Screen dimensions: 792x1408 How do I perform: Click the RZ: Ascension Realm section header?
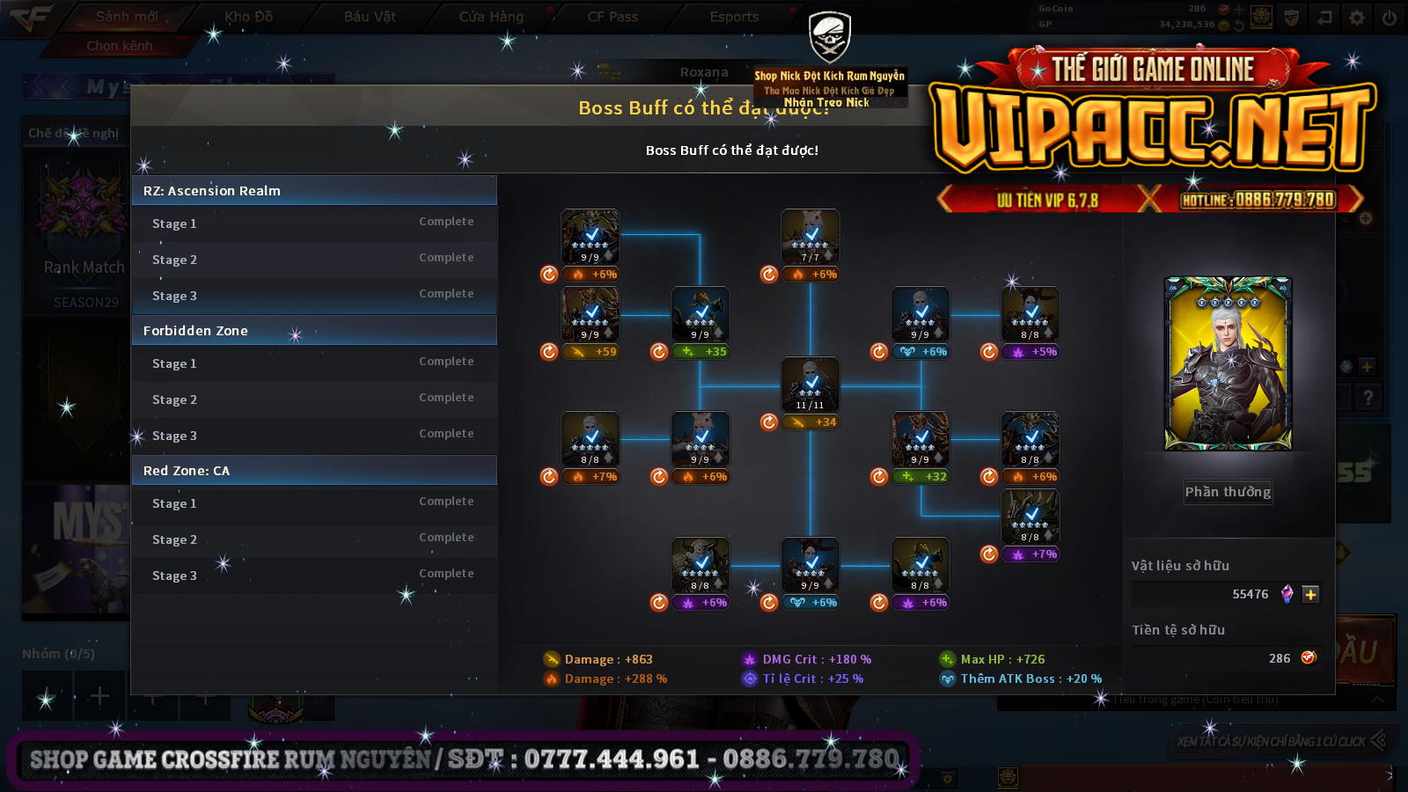click(x=313, y=191)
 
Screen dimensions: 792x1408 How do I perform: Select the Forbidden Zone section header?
click(x=313, y=331)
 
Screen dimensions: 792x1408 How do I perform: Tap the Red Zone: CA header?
click(x=313, y=471)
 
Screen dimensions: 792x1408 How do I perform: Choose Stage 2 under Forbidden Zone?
click(x=313, y=400)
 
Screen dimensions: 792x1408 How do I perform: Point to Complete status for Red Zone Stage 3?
click(x=446, y=574)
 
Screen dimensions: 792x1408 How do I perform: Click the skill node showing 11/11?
click(x=810, y=385)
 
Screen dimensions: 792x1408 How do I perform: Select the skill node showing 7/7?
click(x=810, y=237)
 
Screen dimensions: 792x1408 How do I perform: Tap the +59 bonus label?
click(x=591, y=352)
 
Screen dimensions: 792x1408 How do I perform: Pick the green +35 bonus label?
click(x=701, y=352)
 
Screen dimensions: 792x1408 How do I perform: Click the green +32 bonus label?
click(x=921, y=477)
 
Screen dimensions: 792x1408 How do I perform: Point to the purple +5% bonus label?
click(x=1031, y=352)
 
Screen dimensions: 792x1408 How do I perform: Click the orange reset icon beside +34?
click(x=769, y=422)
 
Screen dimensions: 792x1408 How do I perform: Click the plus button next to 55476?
click(x=1310, y=595)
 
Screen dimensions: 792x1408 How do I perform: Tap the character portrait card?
click(x=1228, y=364)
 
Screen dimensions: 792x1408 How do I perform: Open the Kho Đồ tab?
click(x=249, y=17)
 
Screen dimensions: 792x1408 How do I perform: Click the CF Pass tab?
click(x=612, y=17)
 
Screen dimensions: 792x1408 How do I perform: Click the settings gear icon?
click(x=1357, y=18)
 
